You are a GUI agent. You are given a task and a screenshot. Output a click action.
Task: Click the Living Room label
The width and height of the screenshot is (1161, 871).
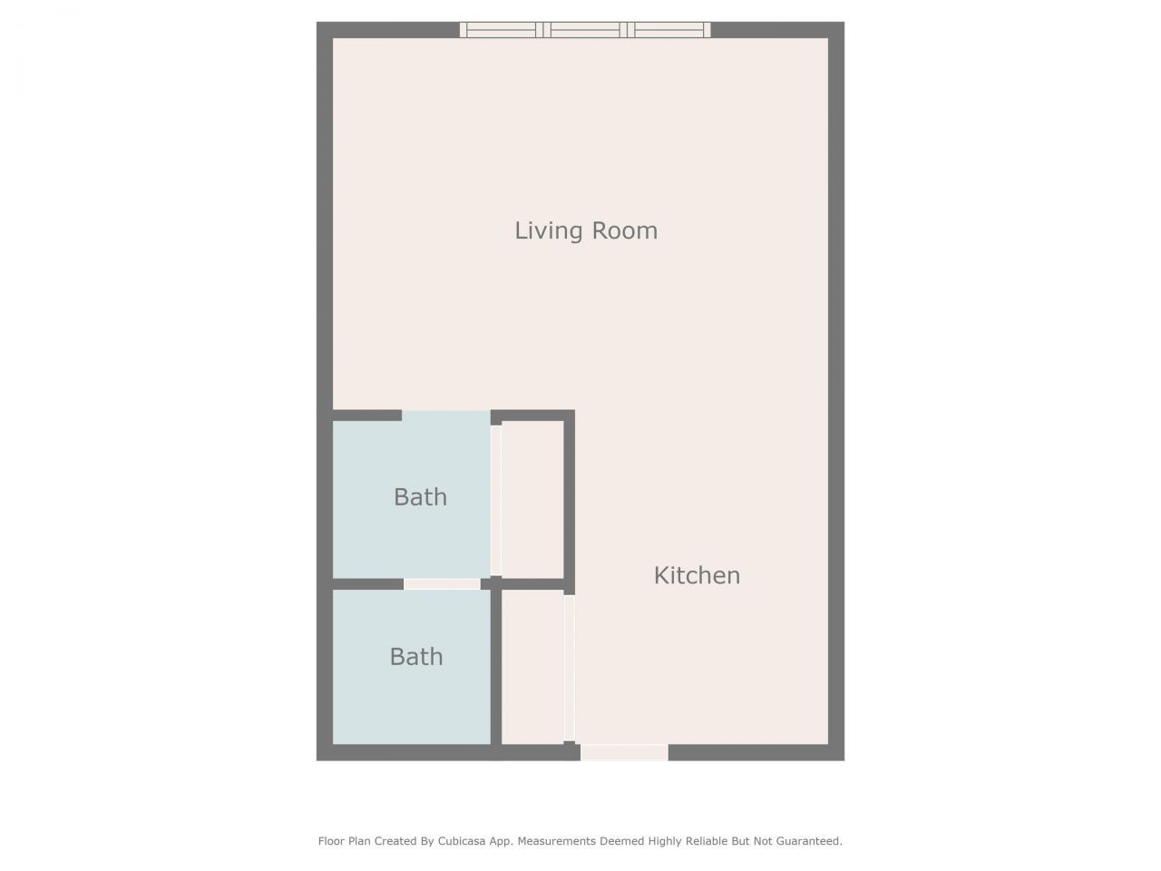click(586, 230)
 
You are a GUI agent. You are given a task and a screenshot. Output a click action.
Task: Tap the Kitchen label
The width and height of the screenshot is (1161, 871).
click(697, 575)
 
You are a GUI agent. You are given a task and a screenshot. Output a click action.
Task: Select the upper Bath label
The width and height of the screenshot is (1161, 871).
click(420, 497)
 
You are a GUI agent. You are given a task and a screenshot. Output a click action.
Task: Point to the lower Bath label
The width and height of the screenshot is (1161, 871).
click(416, 657)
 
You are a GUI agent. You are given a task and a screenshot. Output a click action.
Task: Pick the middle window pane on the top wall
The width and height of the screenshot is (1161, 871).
click(586, 30)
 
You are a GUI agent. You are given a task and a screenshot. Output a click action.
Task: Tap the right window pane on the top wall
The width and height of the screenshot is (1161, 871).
click(669, 30)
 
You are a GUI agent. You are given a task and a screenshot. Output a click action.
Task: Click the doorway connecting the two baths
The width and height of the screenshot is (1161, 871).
click(442, 584)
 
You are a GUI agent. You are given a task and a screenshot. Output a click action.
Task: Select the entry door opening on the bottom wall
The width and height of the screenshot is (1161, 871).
click(624, 752)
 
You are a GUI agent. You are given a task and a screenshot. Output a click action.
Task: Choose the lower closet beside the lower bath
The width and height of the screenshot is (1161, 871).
click(532, 666)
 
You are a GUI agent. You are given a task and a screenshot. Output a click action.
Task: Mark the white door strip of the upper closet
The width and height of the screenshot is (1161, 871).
click(496, 499)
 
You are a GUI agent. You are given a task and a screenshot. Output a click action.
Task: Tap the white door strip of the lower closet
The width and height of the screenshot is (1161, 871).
click(570, 668)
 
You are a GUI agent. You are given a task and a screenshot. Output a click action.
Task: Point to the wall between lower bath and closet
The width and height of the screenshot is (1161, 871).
click(496, 666)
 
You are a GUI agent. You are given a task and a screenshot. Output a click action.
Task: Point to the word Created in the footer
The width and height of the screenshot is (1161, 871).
click(396, 841)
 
